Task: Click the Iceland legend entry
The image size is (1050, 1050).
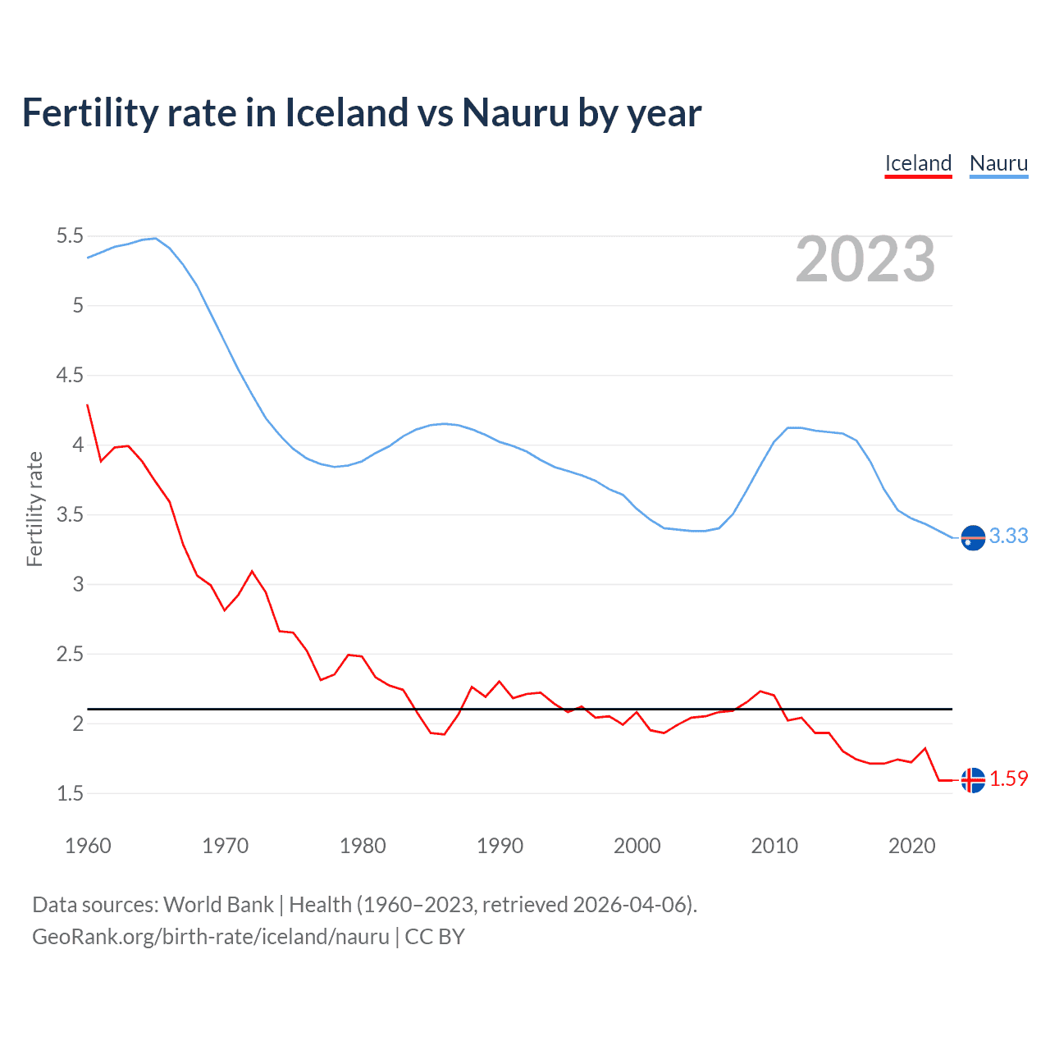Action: tap(918, 163)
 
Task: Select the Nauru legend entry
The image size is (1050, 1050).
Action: tap(998, 163)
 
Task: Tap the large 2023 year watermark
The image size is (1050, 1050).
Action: tap(865, 259)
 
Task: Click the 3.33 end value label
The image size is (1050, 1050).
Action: tap(1008, 536)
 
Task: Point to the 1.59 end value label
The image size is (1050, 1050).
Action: tap(1008, 778)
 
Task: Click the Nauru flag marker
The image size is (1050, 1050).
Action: tap(973, 537)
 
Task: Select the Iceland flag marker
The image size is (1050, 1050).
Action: tap(973, 780)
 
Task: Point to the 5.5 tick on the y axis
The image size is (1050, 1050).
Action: tap(70, 236)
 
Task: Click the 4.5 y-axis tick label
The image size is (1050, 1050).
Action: tap(70, 376)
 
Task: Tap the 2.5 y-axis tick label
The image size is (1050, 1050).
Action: tap(70, 655)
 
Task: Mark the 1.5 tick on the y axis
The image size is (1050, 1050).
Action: tap(70, 793)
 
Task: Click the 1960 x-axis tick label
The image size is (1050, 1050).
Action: tap(88, 846)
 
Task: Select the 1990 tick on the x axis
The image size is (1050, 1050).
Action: tap(500, 846)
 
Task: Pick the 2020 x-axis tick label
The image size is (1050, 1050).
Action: tap(911, 846)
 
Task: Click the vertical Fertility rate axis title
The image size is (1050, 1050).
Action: tap(34, 509)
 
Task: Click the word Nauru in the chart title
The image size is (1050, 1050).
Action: tap(515, 113)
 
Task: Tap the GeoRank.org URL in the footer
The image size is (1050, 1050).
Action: tap(210, 937)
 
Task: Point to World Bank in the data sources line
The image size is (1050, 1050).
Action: tap(218, 905)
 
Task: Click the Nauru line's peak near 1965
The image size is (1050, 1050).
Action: tap(155, 238)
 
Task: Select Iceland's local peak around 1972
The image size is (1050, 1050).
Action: tap(252, 571)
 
